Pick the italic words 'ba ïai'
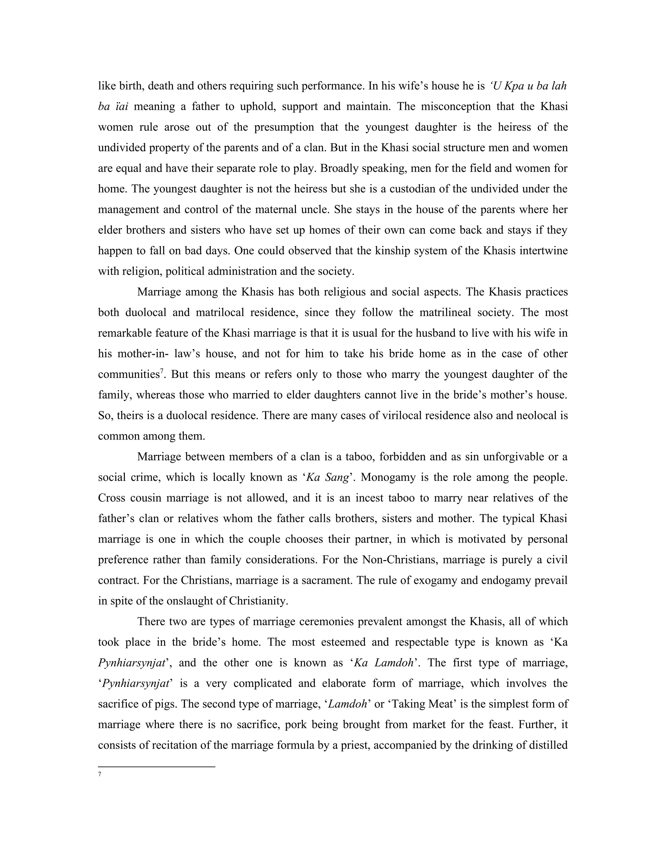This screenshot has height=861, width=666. (113, 107)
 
